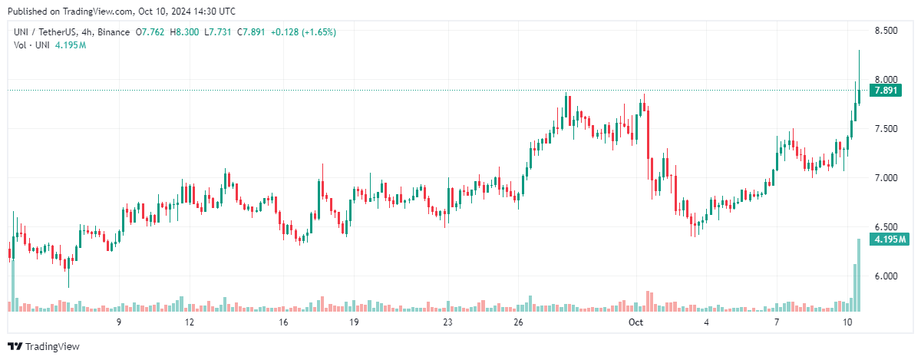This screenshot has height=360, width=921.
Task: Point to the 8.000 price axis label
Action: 886,80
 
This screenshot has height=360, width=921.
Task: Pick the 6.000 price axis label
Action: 886,276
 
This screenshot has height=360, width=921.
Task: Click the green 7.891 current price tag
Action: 886,91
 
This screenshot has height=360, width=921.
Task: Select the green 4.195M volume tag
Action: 888,240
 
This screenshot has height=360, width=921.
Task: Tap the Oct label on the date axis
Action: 635,322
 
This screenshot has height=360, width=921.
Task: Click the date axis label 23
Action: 447,322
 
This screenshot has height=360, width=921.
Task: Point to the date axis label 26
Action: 519,322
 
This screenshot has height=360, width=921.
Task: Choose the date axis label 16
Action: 283,322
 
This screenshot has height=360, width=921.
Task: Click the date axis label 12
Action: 189,322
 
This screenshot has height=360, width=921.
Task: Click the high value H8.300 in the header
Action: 183,32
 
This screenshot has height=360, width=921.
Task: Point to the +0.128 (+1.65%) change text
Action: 304,32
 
